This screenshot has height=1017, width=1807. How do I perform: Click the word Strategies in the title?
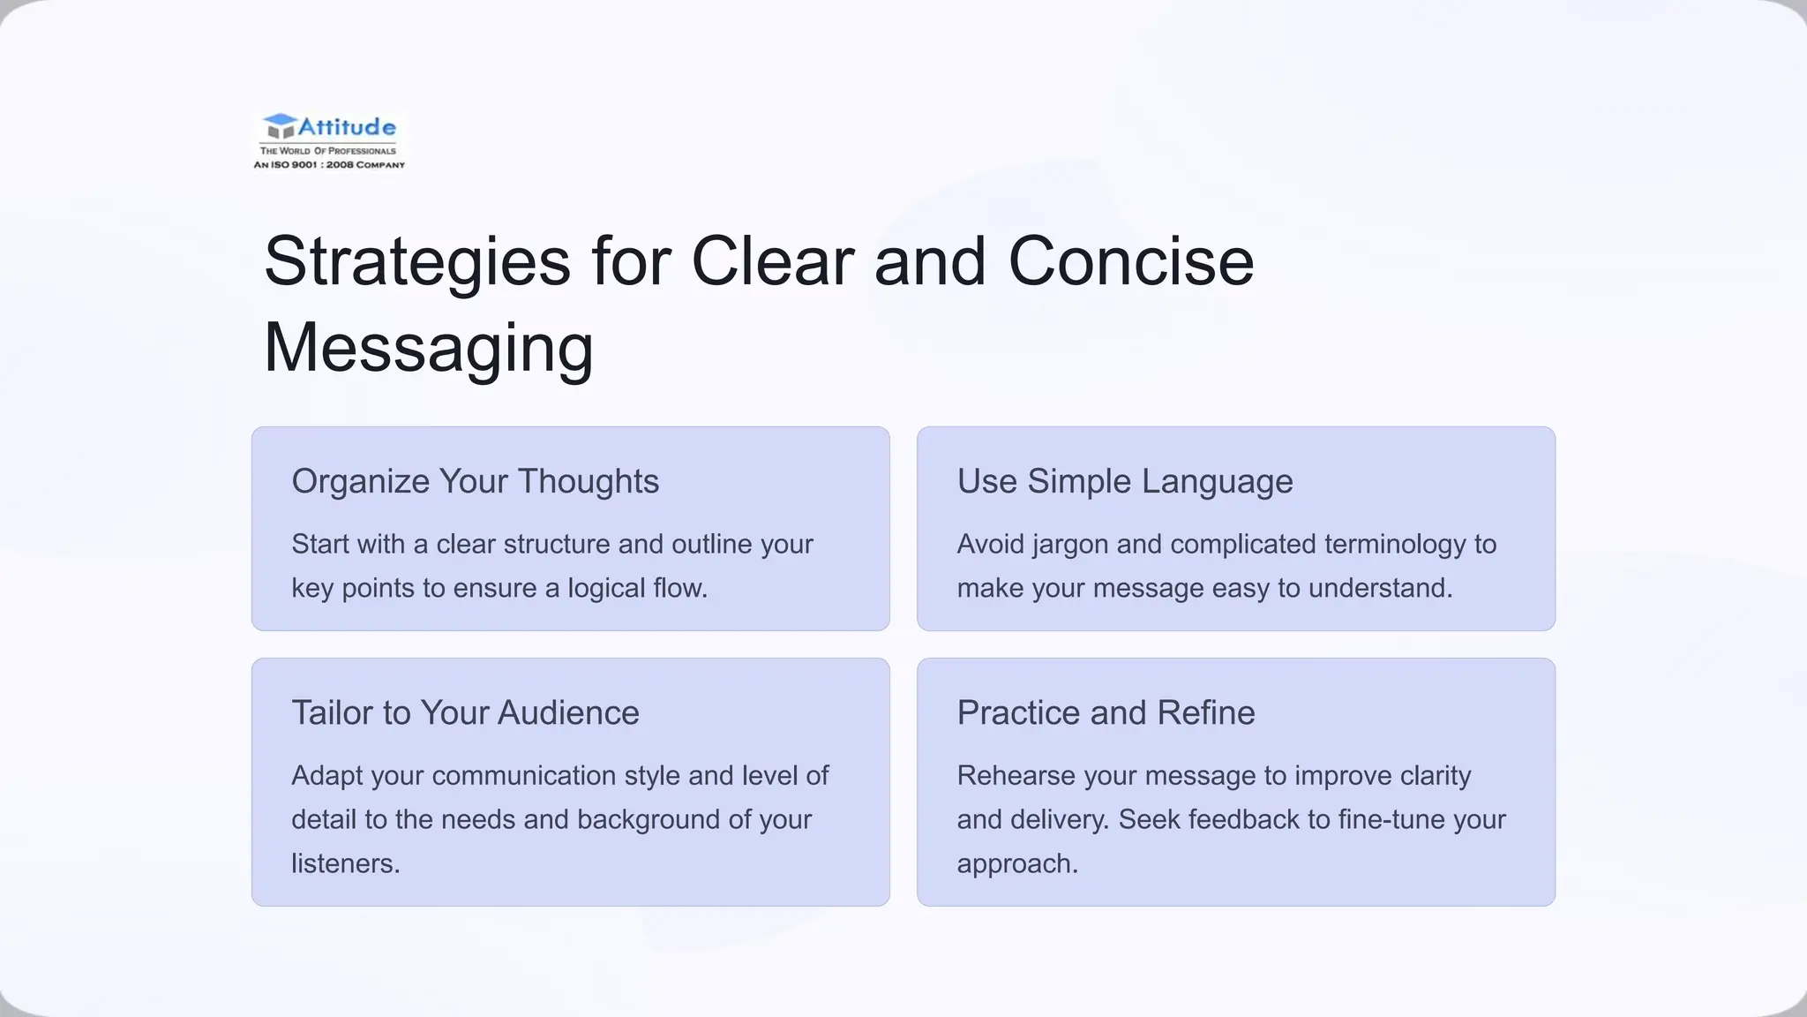tap(416, 262)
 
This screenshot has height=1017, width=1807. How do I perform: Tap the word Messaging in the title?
tap(428, 348)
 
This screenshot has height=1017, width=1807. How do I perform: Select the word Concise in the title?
tap(1130, 262)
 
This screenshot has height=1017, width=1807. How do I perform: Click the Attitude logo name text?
tap(347, 127)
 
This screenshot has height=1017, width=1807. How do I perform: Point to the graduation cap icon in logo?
tap(280, 126)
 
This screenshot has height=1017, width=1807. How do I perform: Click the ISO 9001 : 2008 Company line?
tap(329, 165)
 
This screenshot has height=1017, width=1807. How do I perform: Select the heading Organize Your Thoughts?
tap(475, 481)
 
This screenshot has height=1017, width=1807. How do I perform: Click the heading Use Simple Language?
tap(1125, 481)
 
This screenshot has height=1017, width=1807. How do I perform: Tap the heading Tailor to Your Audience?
tap(465, 712)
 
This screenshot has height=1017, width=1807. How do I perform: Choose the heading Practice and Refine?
tap(1106, 712)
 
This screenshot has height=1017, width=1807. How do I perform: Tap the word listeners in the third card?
tap(345, 863)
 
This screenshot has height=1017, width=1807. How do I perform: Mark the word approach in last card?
tap(1016, 864)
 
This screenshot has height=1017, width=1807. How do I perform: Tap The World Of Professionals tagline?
tap(328, 151)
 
